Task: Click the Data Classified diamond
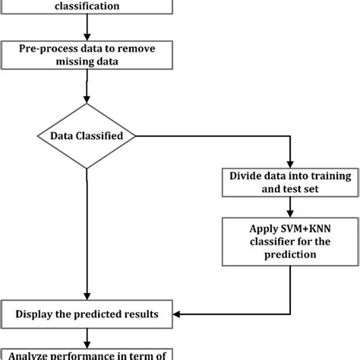point(87,137)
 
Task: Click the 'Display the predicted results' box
point(88,311)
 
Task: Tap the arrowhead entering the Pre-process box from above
point(88,38)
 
